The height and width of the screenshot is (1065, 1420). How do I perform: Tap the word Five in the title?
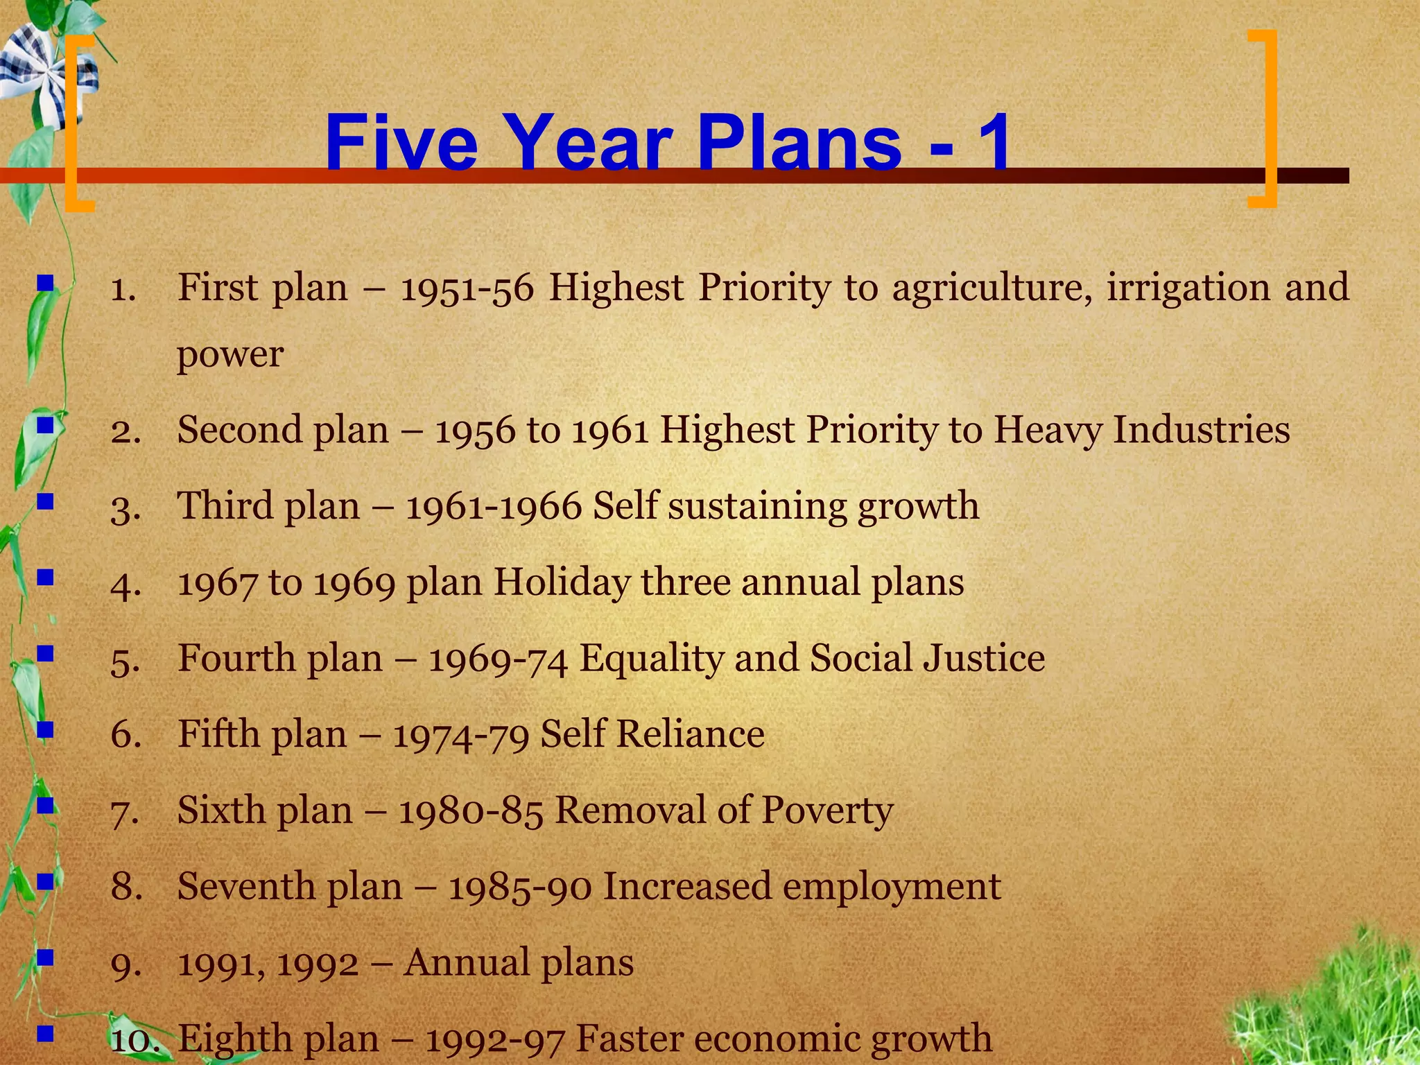click(401, 144)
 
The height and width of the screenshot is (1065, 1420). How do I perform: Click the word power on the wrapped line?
click(230, 355)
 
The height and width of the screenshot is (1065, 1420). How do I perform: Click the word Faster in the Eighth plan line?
click(630, 1039)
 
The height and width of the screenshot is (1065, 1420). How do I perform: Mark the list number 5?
click(125, 660)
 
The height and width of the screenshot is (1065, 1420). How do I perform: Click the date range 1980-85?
click(471, 811)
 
